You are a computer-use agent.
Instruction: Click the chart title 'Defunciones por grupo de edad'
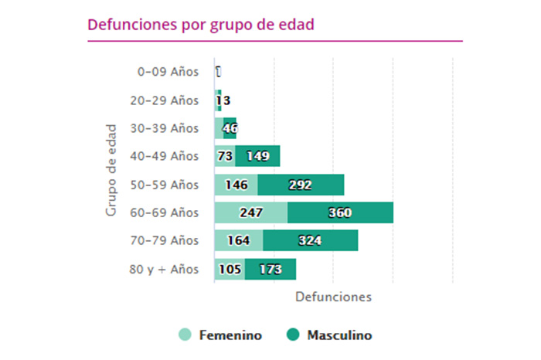pyautogui.click(x=200, y=24)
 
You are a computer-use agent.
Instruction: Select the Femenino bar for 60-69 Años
pyautogui.click(x=251, y=212)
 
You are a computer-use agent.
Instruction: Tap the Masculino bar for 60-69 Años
pyautogui.click(x=340, y=212)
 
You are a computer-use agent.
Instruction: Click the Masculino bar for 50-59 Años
pyautogui.click(x=301, y=185)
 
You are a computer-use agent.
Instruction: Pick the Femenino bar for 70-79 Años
pyautogui.click(x=239, y=240)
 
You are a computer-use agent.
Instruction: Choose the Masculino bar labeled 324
pyautogui.click(x=310, y=240)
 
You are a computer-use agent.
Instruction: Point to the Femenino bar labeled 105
pyautogui.click(x=230, y=269)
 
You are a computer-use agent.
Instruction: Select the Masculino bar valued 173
pyautogui.click(x=270, y=269)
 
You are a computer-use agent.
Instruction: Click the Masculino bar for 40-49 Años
pyautogui.click(x=257, y=156)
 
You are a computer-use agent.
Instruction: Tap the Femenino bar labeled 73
pyautogui.click(x=225, y=156)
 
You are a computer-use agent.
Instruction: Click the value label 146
pyautogui.click(x=236, y=185)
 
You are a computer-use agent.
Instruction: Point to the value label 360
pyautogui.click(x=340, y=212)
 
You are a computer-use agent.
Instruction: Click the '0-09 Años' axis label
pyautogui.click(x=168, y=72)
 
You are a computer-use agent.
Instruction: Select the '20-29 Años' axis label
pyautogui.click(x=165, y=100)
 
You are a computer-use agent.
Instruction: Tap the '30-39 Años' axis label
pyautogui.click(x=165, y=128)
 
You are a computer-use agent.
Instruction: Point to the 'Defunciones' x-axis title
pyautogui.click(x=333, y=297)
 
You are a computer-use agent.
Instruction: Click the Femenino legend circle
pyautogui.click(x=185, y=335)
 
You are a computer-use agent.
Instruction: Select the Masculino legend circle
pyautogui.click(x=293, y=335)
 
